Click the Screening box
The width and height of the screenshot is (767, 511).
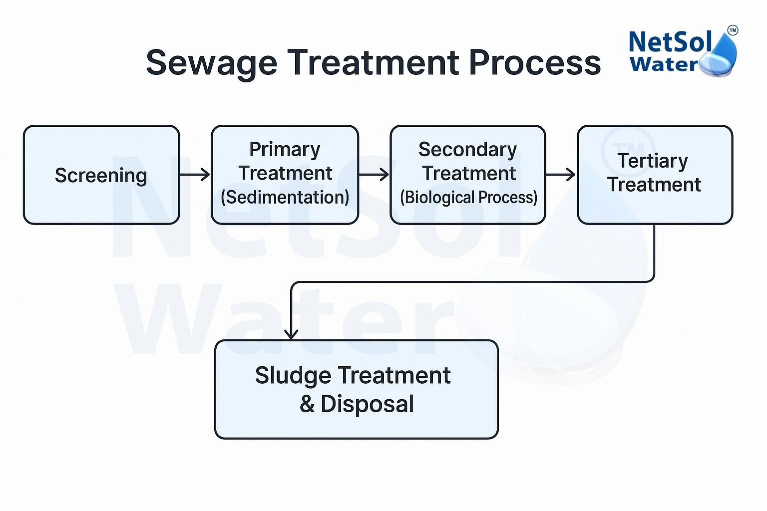point(101,175)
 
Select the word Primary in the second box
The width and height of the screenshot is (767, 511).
point(285,150)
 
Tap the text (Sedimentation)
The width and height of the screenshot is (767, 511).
point(285,198)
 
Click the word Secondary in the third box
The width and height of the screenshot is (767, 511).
point(467,150)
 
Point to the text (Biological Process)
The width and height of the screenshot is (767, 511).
point(468,198)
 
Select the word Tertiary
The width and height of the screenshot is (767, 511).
point(653,161)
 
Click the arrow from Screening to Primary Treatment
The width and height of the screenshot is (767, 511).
point(195,175)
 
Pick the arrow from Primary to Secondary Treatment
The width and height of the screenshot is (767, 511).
point(374,175)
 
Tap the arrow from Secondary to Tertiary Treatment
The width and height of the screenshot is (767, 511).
point(561,175)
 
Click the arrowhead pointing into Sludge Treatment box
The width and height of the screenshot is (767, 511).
point(291,333)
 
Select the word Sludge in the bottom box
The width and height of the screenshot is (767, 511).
point(293,376)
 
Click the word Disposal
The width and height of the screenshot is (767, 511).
point(367,404)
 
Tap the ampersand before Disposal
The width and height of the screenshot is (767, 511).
point(307,404)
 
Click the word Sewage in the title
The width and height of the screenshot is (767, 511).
point(211,63)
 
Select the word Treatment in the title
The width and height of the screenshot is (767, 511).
point(373,63)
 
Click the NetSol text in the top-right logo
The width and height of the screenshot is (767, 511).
point(670,42)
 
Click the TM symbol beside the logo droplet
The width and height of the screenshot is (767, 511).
point(733,30)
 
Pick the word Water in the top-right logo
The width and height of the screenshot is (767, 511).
point(664,64)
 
